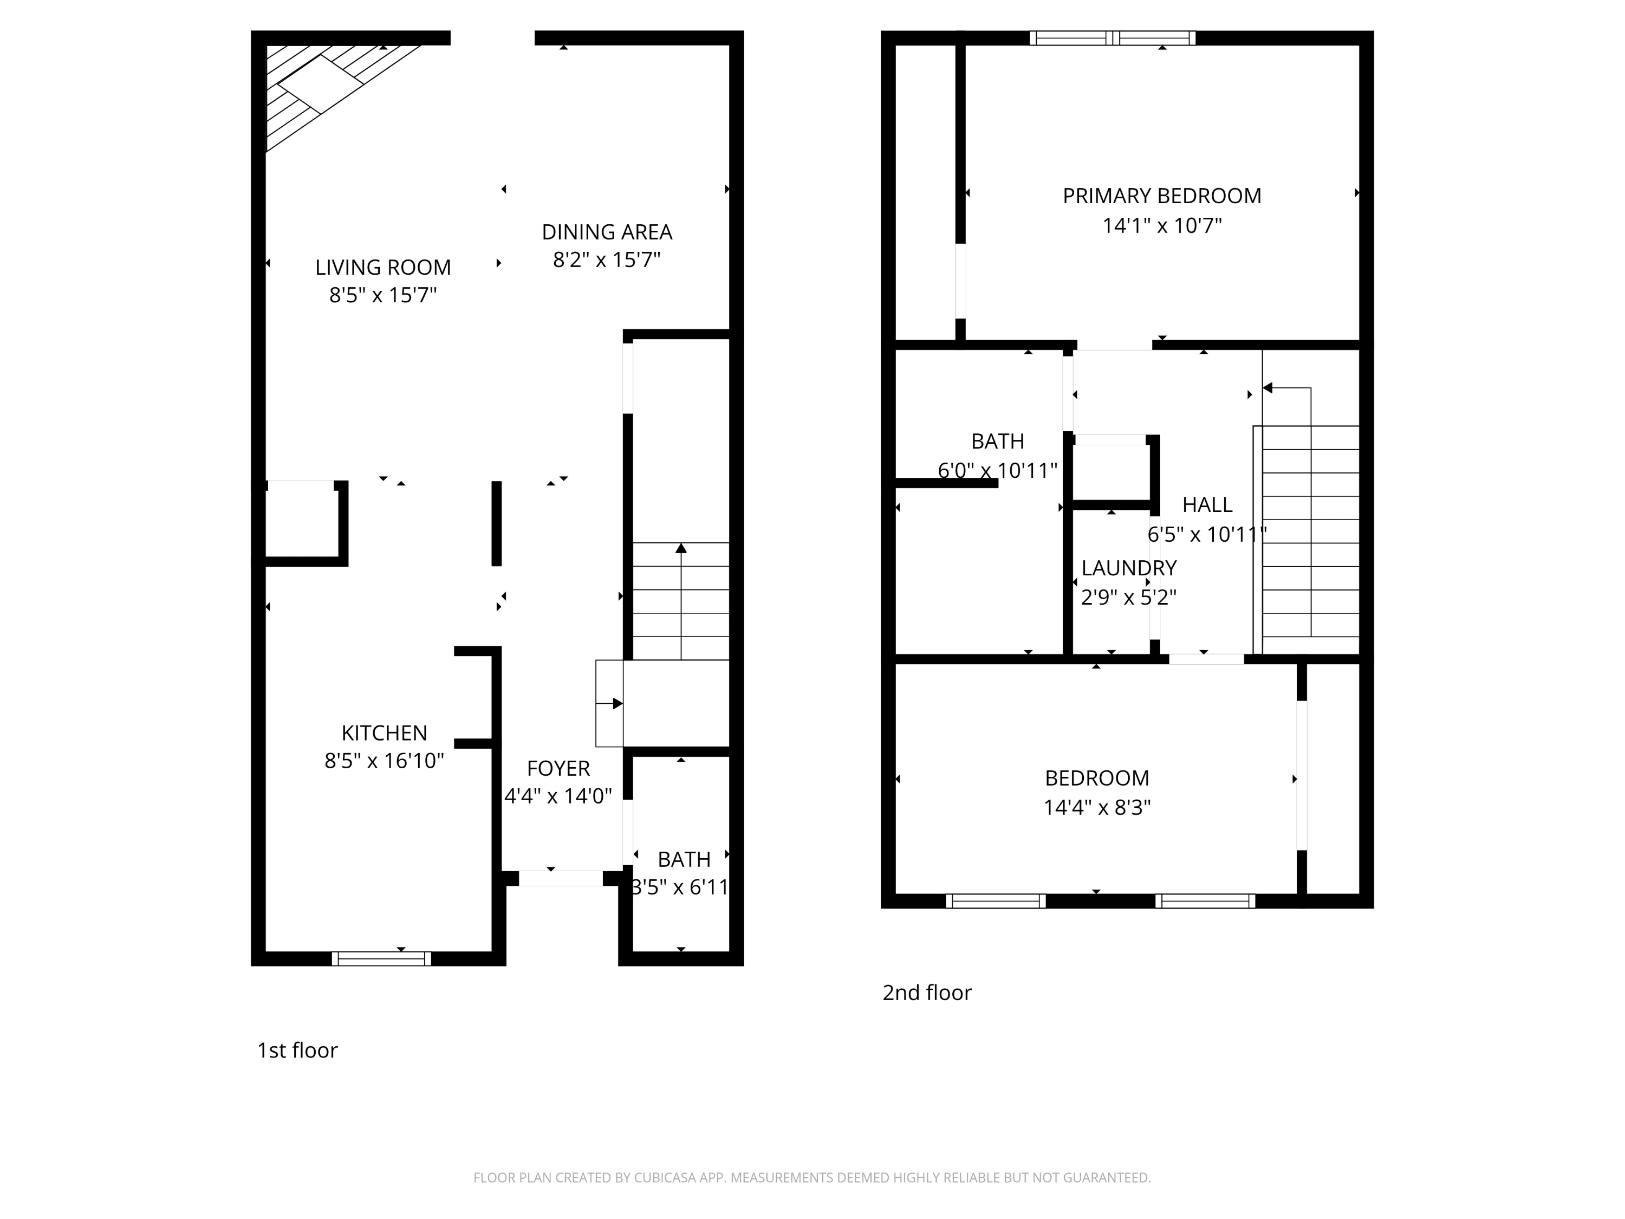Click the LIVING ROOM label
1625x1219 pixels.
(383, 268)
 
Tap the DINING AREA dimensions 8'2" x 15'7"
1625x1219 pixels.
(606, 260)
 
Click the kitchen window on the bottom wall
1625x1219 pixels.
(381, 958)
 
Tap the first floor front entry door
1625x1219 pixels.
(561, 878)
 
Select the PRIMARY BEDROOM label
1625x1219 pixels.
(1161, 196)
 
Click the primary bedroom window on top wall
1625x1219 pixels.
(1112, 38)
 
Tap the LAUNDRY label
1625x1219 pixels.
(1128, 568)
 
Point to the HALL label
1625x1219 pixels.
(1207, 505)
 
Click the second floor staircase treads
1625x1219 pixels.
(1311, 544)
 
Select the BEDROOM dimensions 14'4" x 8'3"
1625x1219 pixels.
(1097, 808)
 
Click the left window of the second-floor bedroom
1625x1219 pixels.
(996, 901)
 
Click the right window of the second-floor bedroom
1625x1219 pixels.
(1205, 901)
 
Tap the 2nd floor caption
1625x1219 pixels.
(926, 993)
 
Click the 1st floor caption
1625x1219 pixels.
(297, 1051)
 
